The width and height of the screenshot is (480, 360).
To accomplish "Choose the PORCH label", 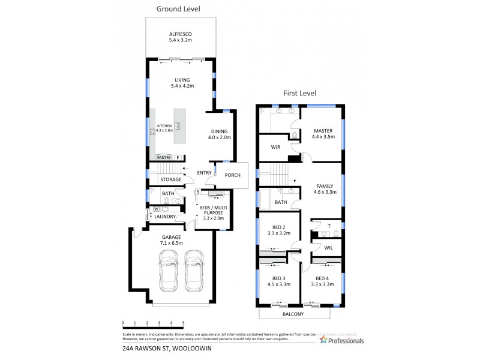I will point(232,175).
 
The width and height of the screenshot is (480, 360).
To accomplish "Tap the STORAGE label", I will point(170,179).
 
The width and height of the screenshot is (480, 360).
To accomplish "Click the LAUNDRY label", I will point(165,216).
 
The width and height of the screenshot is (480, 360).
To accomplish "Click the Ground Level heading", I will point(178,9).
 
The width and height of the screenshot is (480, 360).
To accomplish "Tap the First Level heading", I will point(299,93).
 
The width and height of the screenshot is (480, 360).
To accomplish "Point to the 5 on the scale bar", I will point(183,323).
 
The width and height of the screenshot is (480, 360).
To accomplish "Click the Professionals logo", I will point(342,340).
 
